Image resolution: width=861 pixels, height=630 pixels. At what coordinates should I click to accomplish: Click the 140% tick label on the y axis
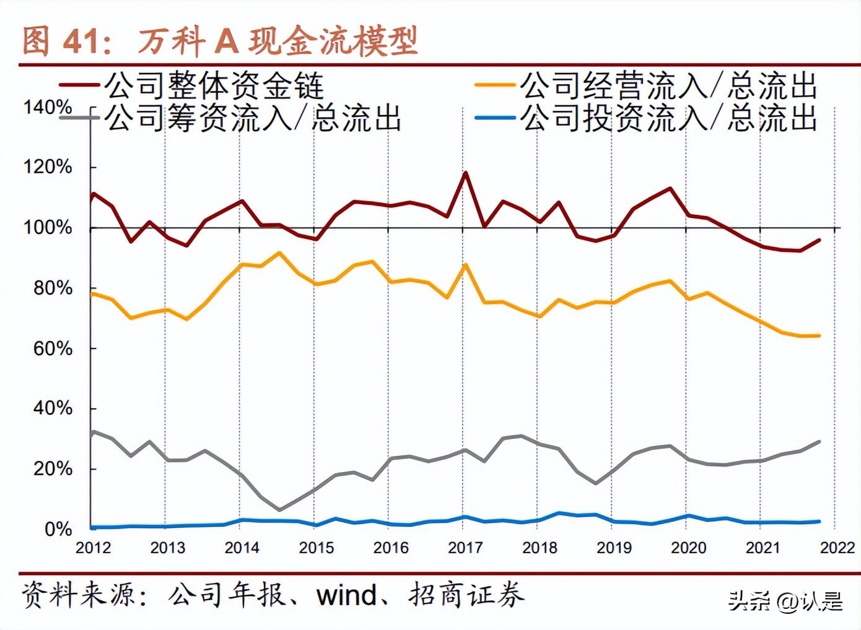click(x=48, y=107)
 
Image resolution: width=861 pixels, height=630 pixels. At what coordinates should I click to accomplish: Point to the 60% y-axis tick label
click(x=53, y=348)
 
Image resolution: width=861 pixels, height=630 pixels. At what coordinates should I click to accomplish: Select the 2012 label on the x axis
click(x=93, y=548)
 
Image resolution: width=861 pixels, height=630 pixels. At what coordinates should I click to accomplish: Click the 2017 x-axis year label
click(x=465, y=548)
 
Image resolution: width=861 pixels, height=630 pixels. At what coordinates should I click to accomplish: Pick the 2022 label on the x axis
click(x=837, y=548)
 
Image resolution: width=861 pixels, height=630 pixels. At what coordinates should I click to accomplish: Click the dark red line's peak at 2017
click(x=465, y=173)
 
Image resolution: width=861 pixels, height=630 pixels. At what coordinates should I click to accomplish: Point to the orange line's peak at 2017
click(x=465, y=265)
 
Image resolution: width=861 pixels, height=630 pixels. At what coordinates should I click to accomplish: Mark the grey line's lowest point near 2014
click(x=279, y=510)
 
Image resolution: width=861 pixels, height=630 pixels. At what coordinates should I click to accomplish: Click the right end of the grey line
click(x=819, y=442)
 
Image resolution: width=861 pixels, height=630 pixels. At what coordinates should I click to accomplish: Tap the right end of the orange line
click(x=819, y=336)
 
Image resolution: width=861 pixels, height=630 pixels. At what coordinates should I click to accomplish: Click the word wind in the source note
click(x=346, y=595)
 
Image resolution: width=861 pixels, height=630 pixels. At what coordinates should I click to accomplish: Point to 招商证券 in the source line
click(x=466, y=595)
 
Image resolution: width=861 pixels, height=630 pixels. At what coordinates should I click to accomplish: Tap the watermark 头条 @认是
click(x=785, y=601)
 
